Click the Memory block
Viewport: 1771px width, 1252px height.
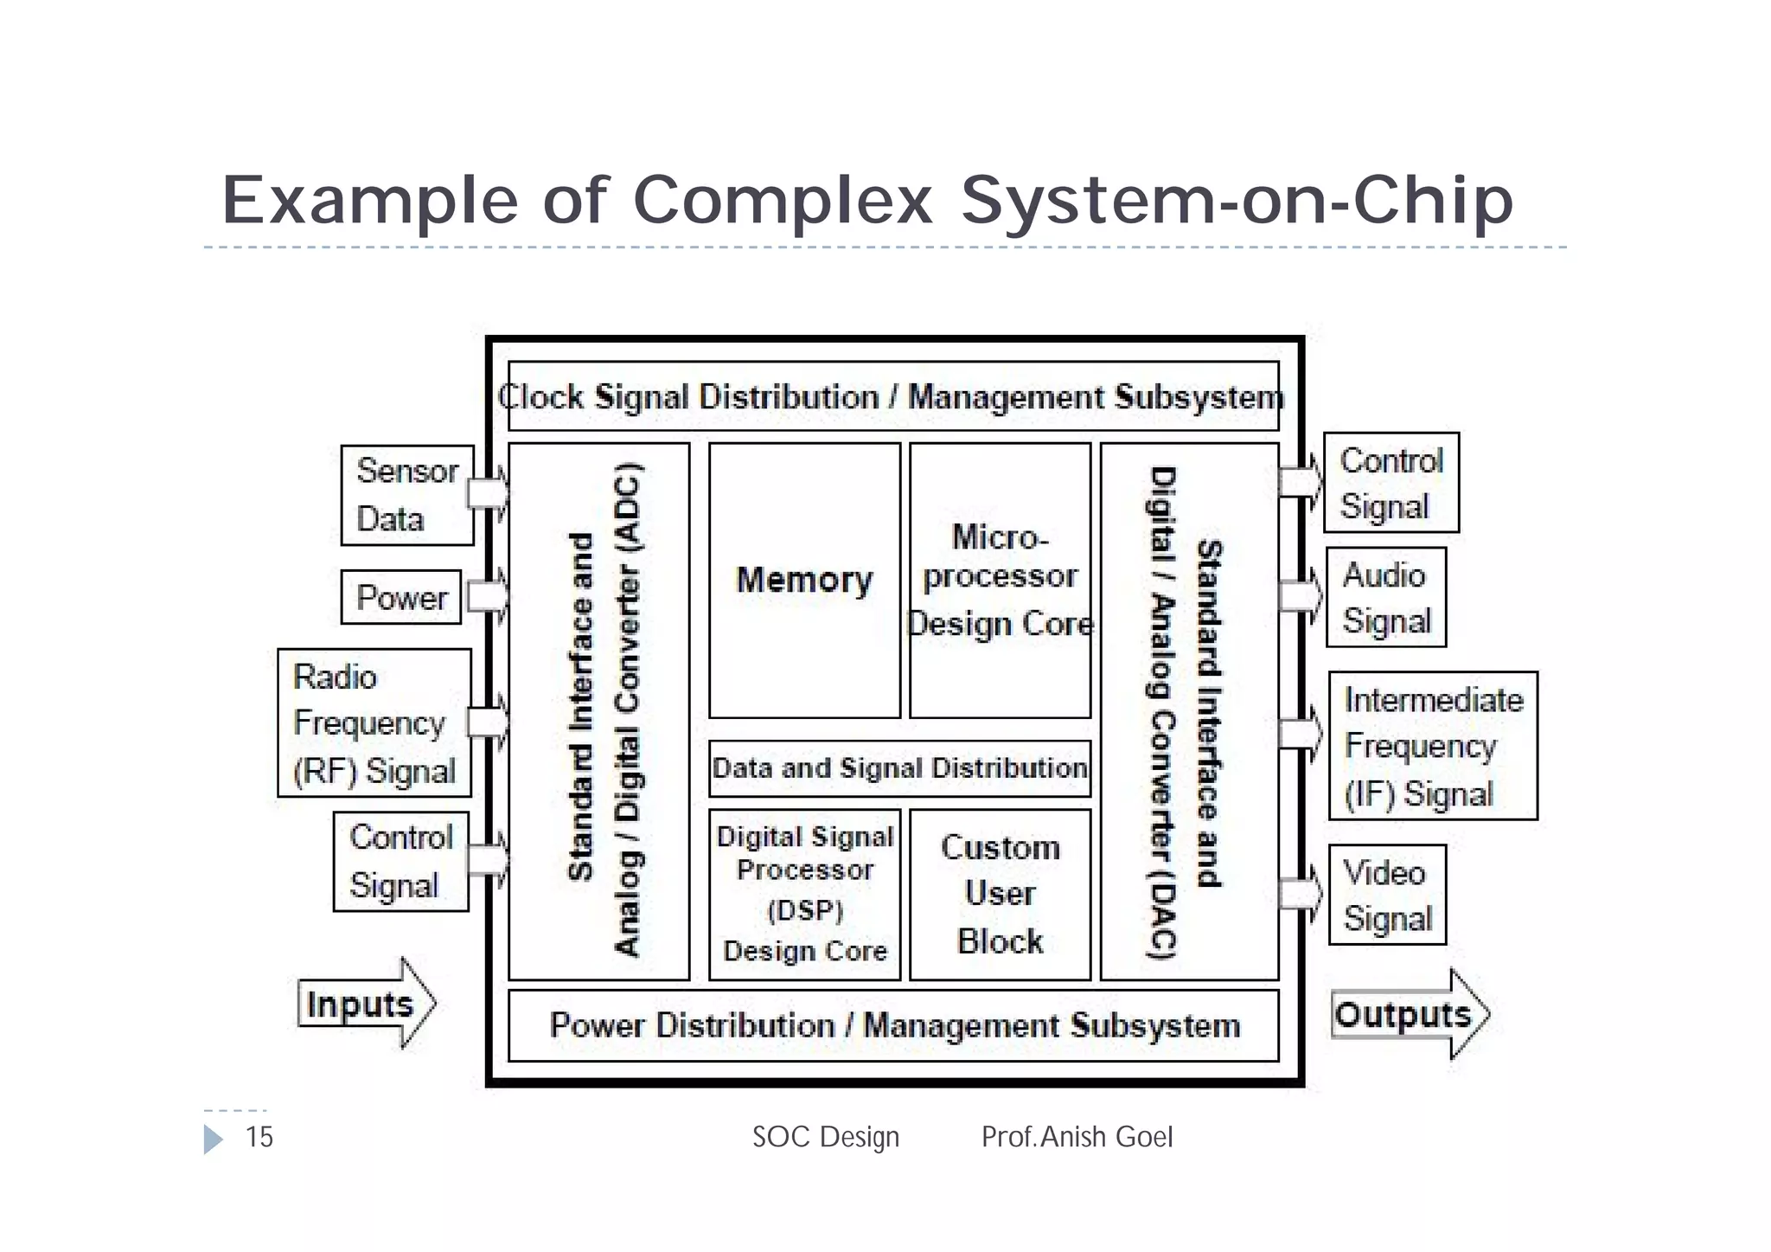coord(804,581)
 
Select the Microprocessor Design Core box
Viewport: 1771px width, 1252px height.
coord(1000,581)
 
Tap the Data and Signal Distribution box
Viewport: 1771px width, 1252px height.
coord(899,768)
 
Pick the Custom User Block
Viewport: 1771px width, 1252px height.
coord(1000,894)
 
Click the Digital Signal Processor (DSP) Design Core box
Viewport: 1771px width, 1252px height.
coord(804,894)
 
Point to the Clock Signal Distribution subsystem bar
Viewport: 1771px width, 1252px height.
coord(892,396)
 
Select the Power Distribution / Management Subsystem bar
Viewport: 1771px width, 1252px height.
coord(892,1026)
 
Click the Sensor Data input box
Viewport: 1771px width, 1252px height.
coord(406,495)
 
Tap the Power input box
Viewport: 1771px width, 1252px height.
coord(401,597)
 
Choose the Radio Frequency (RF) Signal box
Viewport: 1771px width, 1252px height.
coord(374,722)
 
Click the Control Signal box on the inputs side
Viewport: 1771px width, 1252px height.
coord(400,861)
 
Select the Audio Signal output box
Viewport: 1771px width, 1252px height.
coord(1386,597)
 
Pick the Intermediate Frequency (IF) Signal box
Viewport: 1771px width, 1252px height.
coord(1433,746)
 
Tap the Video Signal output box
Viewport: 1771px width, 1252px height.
coord(1387,895)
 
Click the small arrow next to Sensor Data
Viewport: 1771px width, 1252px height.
coord(489,493)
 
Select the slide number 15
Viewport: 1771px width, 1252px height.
coord(259,1137)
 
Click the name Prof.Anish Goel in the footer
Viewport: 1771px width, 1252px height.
coord(1077,1137)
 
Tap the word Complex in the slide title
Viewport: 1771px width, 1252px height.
coord(783,201)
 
